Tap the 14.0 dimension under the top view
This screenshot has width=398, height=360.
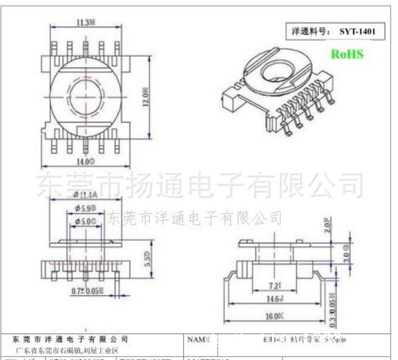coord(86,159)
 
